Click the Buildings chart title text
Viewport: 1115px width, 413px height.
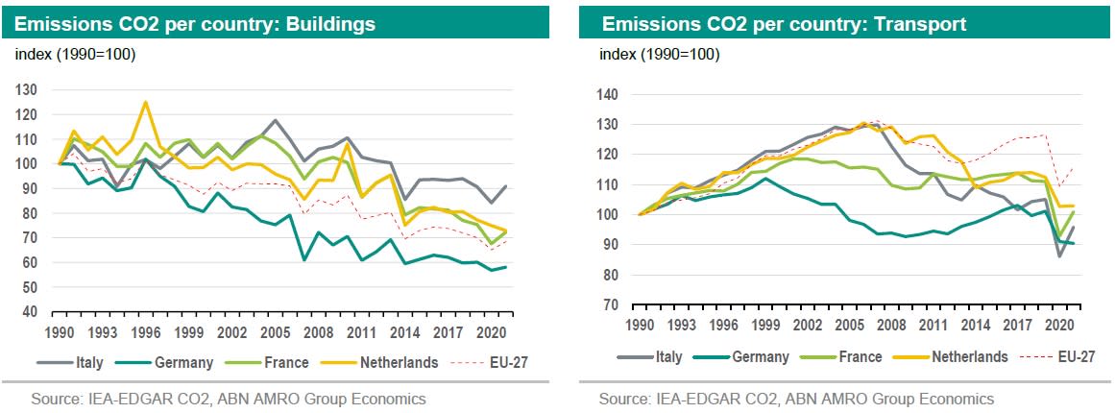196,22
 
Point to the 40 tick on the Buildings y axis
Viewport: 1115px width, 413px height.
31,312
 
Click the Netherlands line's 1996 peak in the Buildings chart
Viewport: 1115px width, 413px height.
145,102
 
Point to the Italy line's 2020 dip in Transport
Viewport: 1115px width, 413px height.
1058,256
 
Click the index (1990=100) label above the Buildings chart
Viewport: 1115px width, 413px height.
76,54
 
